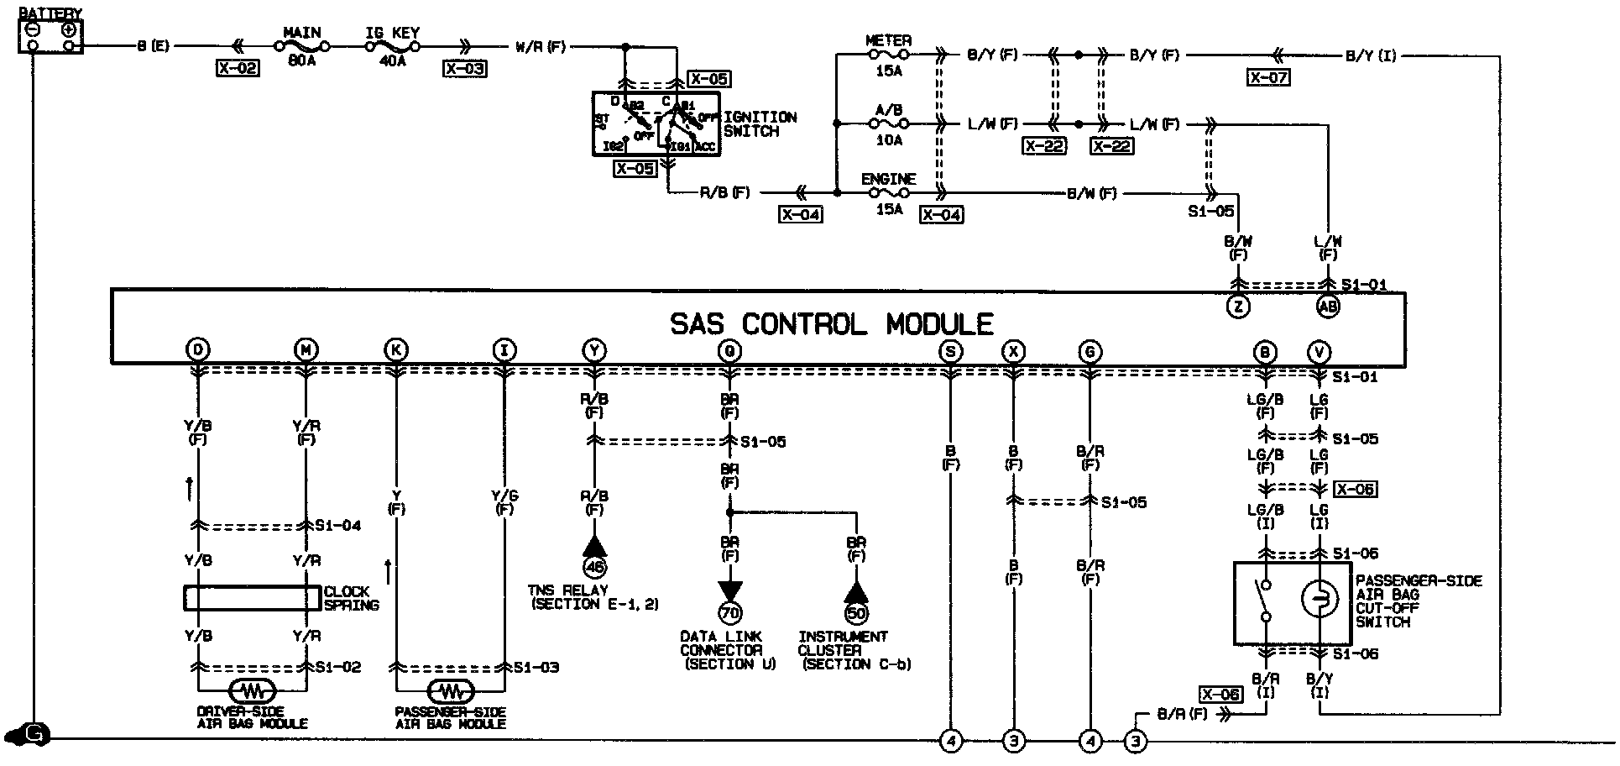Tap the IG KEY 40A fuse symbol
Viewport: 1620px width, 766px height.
(x=393, y=47)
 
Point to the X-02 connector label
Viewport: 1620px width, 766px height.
(x=237, y=69)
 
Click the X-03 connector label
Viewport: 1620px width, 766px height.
(x=464, y=69)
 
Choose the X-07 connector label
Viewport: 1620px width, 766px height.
(x=1267, y=78)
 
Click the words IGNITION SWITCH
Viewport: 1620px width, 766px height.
(x=760, y=124)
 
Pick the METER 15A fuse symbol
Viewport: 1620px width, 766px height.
(x=888, y=55)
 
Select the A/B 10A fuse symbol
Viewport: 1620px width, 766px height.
(x=888, y=124)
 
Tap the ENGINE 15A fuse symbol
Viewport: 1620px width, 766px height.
(x=888, y=193)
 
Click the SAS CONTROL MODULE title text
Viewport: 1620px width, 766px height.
(x=831, y=324)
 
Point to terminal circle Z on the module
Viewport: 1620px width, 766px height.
(x=1238, y=307)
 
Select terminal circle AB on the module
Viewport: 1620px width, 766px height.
(x=1327, y=307)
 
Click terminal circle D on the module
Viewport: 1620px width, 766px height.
(x=198, y=350)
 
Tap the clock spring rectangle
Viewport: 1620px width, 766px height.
(x=247, y=597)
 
